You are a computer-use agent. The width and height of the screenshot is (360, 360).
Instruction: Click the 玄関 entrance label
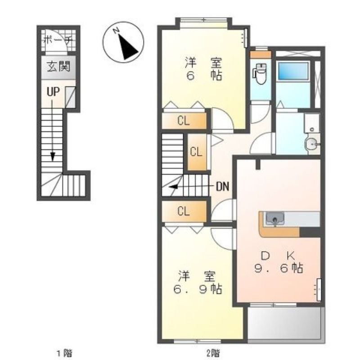58,67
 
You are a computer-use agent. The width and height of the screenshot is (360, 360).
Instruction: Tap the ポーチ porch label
58,40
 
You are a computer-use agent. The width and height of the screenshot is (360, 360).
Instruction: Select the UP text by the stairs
53,92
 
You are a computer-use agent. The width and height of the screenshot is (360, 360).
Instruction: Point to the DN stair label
223,186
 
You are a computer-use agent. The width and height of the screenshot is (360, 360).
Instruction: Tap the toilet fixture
260,73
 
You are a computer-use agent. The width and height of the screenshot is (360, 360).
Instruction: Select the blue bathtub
293,71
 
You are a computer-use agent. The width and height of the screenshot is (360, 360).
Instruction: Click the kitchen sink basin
275,218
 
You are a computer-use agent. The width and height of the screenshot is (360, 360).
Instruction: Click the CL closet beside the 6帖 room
184,120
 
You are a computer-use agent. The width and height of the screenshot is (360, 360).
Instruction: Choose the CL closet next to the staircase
196,152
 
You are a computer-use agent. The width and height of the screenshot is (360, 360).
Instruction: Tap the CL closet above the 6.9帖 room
184,211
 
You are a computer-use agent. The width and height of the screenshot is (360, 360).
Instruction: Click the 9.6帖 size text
279,268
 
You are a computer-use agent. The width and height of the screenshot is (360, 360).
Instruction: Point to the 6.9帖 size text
198,289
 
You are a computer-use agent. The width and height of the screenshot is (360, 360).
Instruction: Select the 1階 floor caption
64,353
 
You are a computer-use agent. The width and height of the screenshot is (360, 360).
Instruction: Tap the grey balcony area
286,324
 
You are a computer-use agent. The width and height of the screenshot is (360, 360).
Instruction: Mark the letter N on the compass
116,30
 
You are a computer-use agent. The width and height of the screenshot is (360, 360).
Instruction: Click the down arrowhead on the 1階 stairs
53,157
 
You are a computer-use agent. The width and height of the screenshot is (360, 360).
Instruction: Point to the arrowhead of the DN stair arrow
173,187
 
